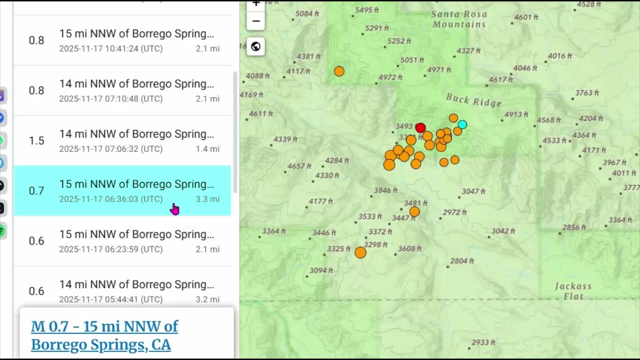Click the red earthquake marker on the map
click(x=420, y=128)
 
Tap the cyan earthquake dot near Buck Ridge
click(x=462, y=124)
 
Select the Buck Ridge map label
click(x=473, y=100)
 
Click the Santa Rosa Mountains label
click(x=459, y=19)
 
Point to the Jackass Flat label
click(x=573, y=291)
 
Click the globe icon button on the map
click(x=255, y=46)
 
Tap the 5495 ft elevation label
click(x=370, y=10)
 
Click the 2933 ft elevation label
click(x=483, y=342)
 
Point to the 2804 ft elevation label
click(x=462, y=260)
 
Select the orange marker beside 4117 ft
click(x=339, y=71)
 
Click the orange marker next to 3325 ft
click(x=360, y=252)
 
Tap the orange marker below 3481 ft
click(x=414, y=211)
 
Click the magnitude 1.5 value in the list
click(x=36, y=140)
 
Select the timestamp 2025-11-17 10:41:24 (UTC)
click(x=110, y=48)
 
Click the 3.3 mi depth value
click(x=207, y=199)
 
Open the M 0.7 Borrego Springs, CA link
click(x=104, y=335)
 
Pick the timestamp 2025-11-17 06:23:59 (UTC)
click(x=110, y=249)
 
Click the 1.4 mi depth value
click(x=207, y=149)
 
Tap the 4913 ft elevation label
click(x=516, y=114)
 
